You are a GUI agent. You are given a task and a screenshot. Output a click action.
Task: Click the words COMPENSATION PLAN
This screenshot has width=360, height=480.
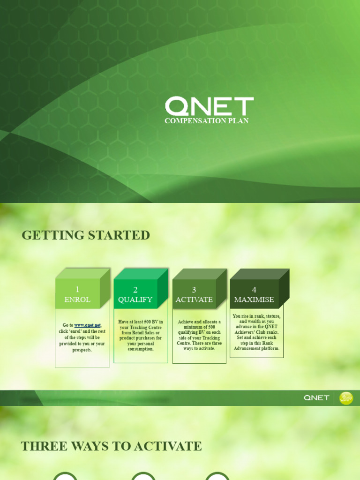coord(206,121)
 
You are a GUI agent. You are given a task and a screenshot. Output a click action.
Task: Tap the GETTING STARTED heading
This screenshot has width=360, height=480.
coord(86,235)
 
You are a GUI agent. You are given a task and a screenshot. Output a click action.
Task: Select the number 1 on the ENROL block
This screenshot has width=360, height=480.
coord(77,290)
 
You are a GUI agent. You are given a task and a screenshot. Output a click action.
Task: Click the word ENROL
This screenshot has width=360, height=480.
coord(77,300)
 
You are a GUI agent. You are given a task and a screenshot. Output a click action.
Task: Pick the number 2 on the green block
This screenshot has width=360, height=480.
coord(135,290)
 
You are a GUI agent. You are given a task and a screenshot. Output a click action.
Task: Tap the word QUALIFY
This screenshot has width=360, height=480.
coord(135,300)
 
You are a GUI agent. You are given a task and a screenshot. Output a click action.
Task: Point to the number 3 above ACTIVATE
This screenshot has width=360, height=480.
coord(194,290)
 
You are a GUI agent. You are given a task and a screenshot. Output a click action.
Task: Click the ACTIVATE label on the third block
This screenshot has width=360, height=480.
coord(194,300)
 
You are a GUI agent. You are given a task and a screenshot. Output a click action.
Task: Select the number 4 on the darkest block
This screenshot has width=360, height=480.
coord(254,290)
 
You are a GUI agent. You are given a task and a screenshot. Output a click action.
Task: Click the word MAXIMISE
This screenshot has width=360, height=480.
coord(254,300)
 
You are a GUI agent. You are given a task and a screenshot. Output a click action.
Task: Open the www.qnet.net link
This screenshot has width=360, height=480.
coord(88,325)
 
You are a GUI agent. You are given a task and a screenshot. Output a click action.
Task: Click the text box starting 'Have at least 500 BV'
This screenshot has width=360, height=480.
coord(141,336)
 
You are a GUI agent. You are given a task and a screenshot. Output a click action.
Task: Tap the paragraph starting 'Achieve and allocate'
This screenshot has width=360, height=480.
coord(199,335)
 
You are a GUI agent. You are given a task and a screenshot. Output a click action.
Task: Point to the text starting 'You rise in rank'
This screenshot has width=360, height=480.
coord(256,332)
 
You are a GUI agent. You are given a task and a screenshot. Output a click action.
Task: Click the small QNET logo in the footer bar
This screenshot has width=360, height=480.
coord(316,398)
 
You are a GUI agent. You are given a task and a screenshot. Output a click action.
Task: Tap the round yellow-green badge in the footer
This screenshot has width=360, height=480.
coord(346,398)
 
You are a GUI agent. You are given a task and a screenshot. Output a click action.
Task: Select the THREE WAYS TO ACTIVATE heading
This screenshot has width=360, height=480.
coord(111,446)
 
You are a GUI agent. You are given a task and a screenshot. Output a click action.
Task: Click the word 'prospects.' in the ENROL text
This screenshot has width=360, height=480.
coord(82,350)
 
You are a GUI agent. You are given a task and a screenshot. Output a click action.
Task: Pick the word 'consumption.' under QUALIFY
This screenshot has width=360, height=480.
coord(141,349)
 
